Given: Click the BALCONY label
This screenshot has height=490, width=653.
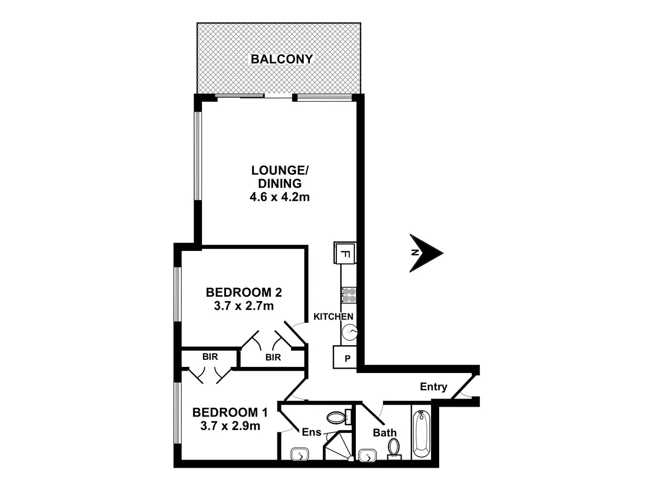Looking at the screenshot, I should click(x=281, y=59).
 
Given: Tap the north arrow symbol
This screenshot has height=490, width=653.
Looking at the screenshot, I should click(x=427, y=253).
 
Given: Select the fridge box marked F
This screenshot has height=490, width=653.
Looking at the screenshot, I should click(x=344, y=253).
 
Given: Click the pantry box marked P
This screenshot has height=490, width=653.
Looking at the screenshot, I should click(x=344, y=359).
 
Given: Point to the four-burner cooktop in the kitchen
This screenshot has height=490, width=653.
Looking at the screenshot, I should click(x=348, y=295).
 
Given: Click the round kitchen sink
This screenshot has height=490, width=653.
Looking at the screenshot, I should click(x=349, y=330).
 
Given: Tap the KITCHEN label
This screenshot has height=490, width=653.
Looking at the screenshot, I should click(x=334, y=316).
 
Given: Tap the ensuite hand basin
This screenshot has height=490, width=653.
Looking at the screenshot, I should click(x=300, y=455).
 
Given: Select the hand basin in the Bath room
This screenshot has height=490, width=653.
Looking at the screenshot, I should click(x=369, y=455).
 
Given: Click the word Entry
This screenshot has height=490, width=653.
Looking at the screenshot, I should click(x=434, y=387).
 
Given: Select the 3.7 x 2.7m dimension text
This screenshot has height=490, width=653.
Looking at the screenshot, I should click(x=244, y=306).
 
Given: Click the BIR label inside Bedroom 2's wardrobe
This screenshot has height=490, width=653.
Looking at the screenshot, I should click(x=273, y=357).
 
